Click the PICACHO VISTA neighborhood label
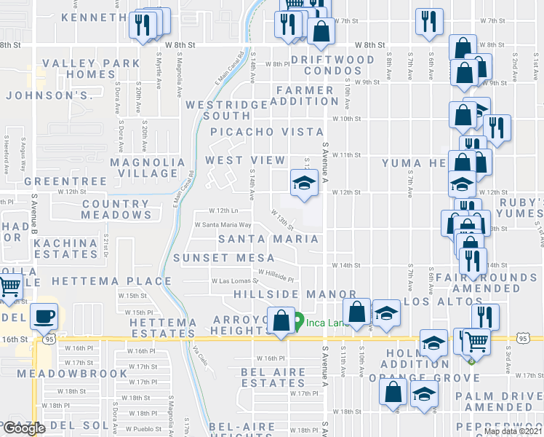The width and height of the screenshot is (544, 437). (x=267, y=132)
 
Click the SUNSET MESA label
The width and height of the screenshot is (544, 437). (x=224, y=258)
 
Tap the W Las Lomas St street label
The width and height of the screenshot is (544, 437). (x=235, y=280)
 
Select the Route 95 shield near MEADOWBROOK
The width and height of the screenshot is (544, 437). (x=49, y=339)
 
